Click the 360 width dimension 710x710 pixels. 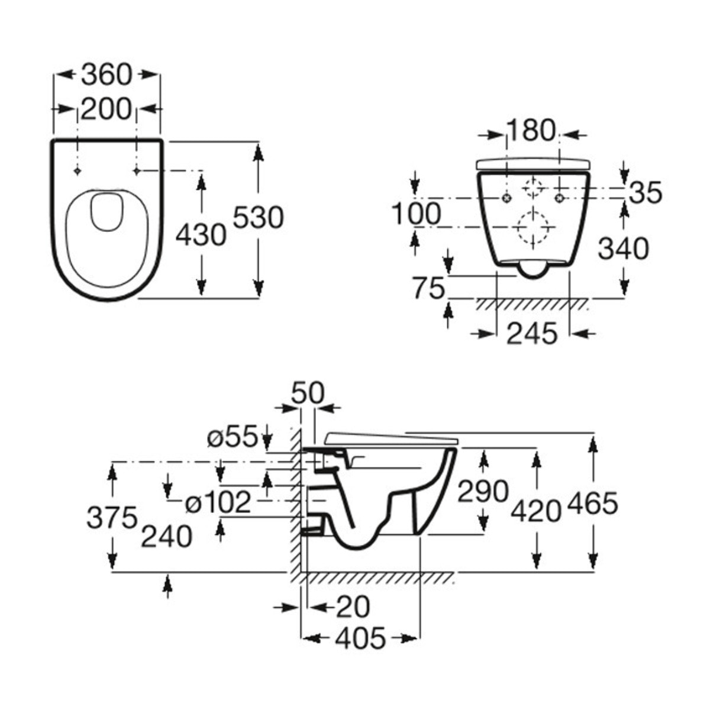tap(106, 75)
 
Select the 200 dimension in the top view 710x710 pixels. tap(106, 109)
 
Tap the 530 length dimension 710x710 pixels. tap(258, 218)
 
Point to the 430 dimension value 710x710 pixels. tap(201, 235)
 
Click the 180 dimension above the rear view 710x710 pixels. tap(531, 131)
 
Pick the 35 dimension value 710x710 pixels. tap(645, 193)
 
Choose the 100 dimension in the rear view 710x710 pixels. tap(417, 214)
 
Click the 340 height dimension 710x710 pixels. tap(623, 248)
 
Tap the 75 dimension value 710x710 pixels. tap(428, 289)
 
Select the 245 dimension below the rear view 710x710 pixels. tap(532, 334)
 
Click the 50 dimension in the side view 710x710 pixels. tap(308, 393)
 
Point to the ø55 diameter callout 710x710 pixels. tap(233, 438)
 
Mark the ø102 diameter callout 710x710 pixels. tap(218, 503)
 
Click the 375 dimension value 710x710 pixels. tap(112, 518)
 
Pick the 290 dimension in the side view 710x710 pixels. tap(483, 492)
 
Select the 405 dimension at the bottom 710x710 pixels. tap(360, 638)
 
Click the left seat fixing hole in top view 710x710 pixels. tap(78, 171)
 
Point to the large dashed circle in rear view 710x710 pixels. tap(533, 227)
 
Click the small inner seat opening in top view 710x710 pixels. tap(106, 211)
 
